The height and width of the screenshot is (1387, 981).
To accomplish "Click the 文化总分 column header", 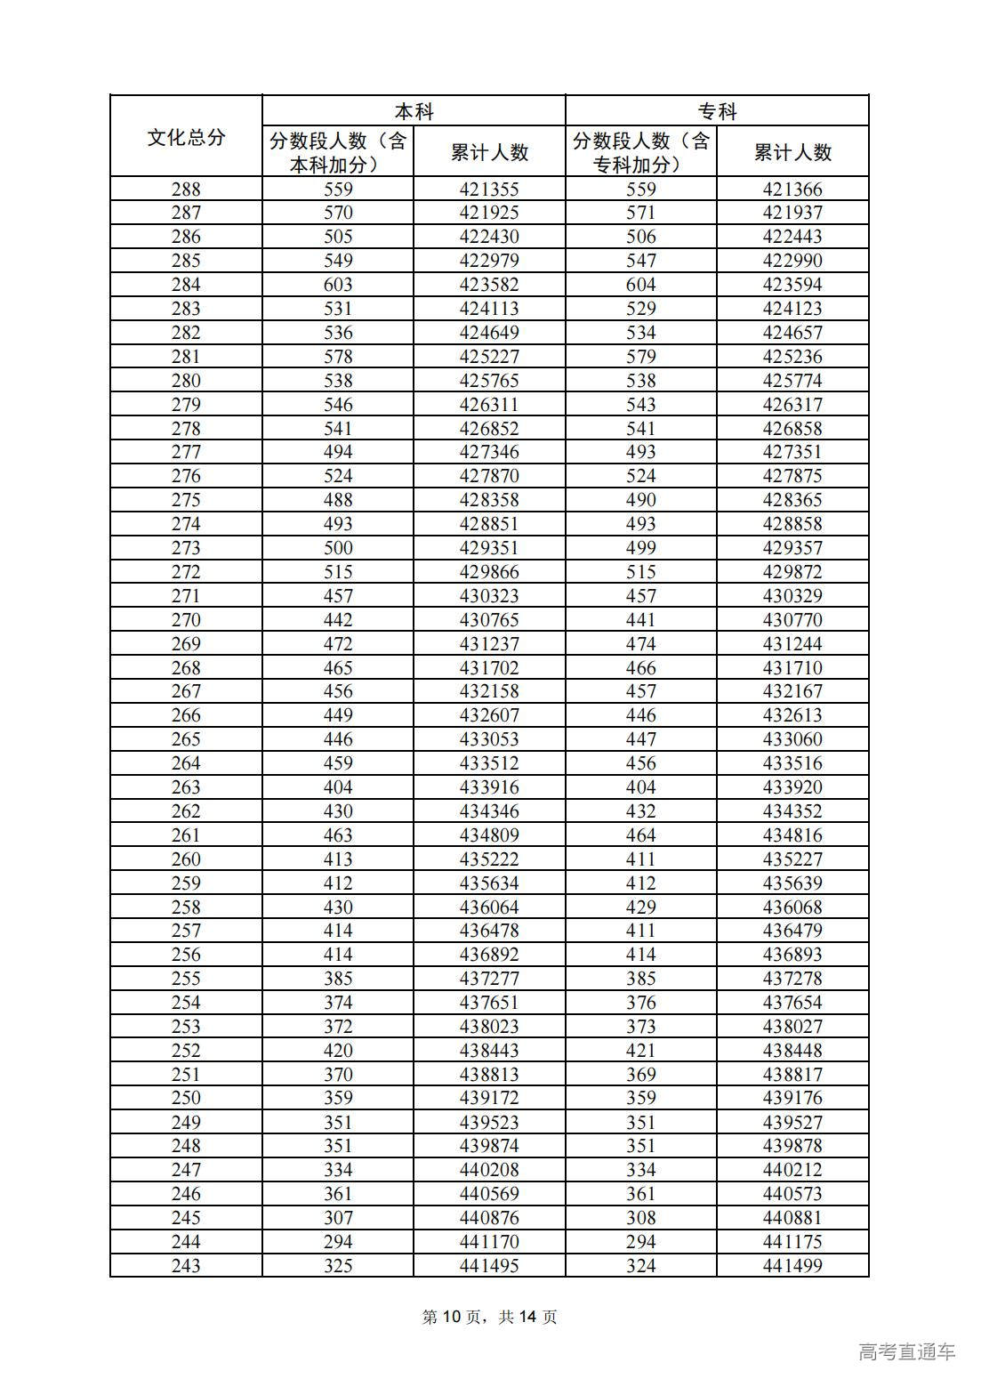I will coord(186,137).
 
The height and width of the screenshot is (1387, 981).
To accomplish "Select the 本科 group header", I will coord(414,111).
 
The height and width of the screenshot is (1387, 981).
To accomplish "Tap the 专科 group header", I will coord(717,111).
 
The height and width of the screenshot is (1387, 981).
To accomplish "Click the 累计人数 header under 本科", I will coord(489,152).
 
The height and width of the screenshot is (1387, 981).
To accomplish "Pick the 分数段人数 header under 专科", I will coord(640,152).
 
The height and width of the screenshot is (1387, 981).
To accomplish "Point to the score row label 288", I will coord(186,189).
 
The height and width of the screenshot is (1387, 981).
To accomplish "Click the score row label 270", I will coord(186,620).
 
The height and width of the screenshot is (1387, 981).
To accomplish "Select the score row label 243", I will coord(186,1265).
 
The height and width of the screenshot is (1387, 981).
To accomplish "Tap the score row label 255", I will coord(186,979).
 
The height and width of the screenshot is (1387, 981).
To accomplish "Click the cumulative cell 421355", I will coord(489,189).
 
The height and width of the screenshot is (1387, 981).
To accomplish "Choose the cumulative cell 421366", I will coord(792,189).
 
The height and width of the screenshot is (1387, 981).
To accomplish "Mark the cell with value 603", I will coord(338,285).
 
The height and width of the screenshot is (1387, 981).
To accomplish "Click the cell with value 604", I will coord(640,285).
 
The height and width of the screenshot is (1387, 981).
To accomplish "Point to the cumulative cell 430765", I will coord(489,620).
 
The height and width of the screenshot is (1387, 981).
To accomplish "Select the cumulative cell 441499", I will coord(792,1265).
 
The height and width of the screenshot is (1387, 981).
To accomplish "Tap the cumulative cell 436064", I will coord(489,907).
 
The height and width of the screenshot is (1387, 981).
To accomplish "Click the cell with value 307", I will coord(338,1217).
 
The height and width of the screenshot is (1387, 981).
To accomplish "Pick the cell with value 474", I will coord(640,644).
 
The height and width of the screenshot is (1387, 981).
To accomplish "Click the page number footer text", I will coord(489,1317).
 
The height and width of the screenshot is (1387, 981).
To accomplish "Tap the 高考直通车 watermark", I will coord(906,1352).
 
